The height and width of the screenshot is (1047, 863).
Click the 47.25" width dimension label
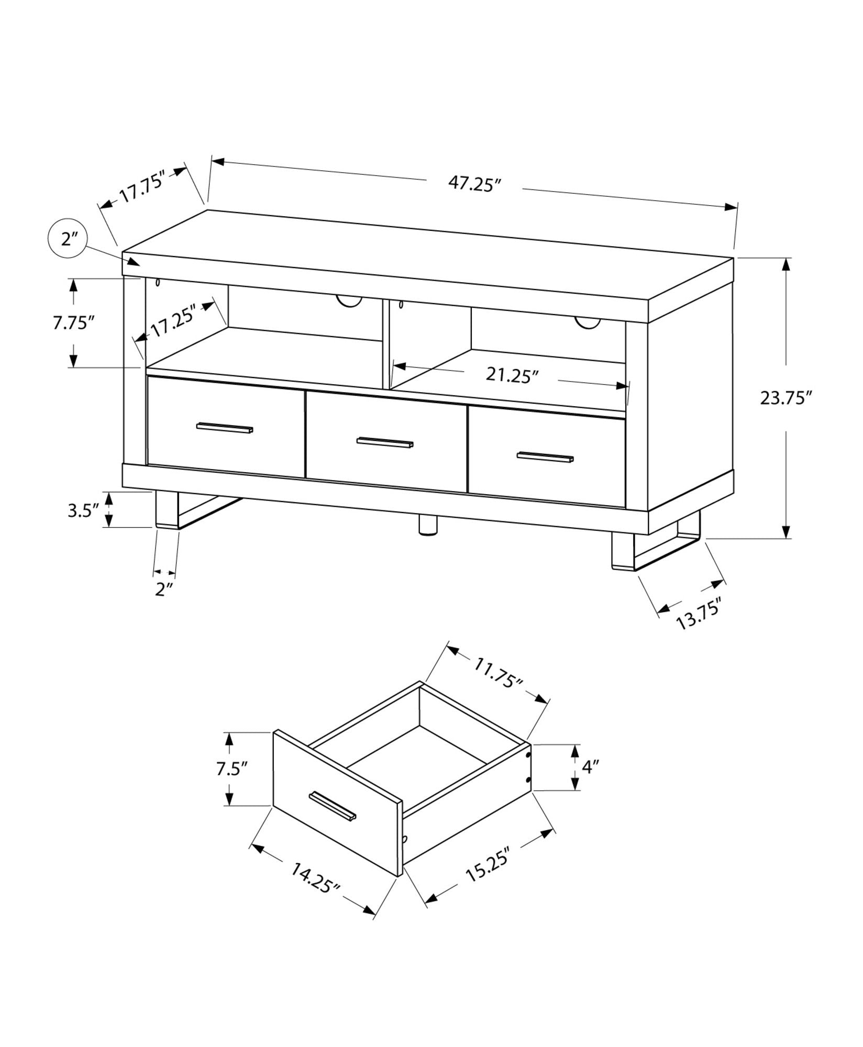(474, 184)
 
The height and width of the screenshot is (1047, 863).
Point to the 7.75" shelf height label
(73, 322)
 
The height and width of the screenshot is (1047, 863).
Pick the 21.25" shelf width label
(512, 375)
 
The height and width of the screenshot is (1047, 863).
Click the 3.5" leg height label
(83, 510)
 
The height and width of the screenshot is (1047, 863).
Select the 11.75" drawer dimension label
(498, 673)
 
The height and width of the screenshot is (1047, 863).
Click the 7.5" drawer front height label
(231, 769)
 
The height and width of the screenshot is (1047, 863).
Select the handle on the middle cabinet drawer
(385, 442)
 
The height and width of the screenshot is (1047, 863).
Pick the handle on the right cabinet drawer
(545, 456)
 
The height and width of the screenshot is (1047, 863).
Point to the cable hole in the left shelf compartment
(349, 302)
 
